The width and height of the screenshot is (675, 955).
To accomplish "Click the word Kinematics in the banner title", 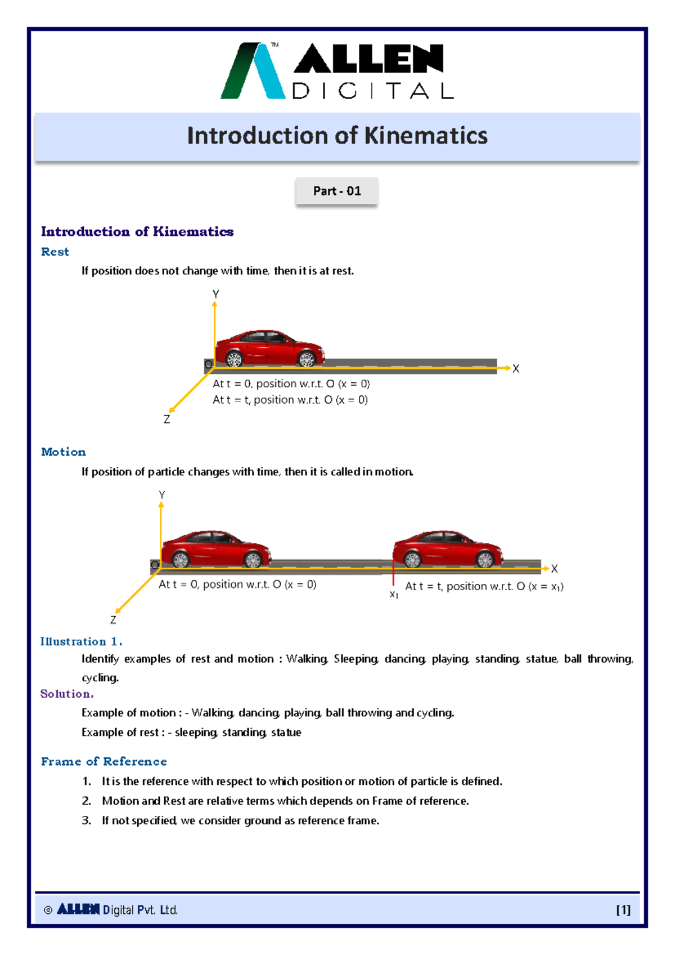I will (426, 136).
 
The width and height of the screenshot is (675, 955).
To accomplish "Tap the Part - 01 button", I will (336, 191).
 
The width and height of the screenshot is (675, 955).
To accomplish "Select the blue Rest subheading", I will (55, 252).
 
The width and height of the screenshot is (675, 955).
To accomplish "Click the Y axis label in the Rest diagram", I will (215, 294).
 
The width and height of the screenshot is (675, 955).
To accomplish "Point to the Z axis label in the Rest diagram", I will (166, 420).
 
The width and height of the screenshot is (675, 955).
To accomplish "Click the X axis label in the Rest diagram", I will (516, 369).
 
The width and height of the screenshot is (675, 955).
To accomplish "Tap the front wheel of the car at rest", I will (307, 358).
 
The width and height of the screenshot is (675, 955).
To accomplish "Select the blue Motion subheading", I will (63, 452).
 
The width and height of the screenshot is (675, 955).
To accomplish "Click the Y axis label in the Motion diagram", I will (162, 494).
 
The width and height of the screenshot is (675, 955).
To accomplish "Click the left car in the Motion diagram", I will (215, 548).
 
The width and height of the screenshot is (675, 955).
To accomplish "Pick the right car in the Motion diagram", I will (447, 548).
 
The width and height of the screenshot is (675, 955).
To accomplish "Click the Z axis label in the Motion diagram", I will (113, 620).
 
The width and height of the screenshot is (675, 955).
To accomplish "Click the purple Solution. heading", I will (66, 694).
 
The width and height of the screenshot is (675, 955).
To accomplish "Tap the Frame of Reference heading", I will (103, 761).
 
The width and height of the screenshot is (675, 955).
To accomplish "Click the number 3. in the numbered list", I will (86, 820).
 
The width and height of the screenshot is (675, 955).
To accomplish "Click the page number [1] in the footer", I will (623, 909).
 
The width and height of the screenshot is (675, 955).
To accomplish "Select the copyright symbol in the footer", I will (48, 910).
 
